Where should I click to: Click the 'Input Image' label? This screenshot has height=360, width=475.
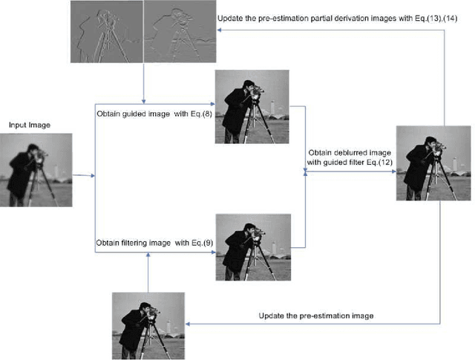coord(30,125)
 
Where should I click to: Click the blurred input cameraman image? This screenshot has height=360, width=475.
coord(42,169)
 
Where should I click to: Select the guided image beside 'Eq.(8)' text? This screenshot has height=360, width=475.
coord(246,107)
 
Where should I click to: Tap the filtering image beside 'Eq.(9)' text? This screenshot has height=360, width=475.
coord(246,246)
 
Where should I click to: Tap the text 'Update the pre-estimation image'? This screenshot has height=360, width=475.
coord(316,316)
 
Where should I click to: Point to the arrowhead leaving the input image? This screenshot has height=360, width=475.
coord(93,177)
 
